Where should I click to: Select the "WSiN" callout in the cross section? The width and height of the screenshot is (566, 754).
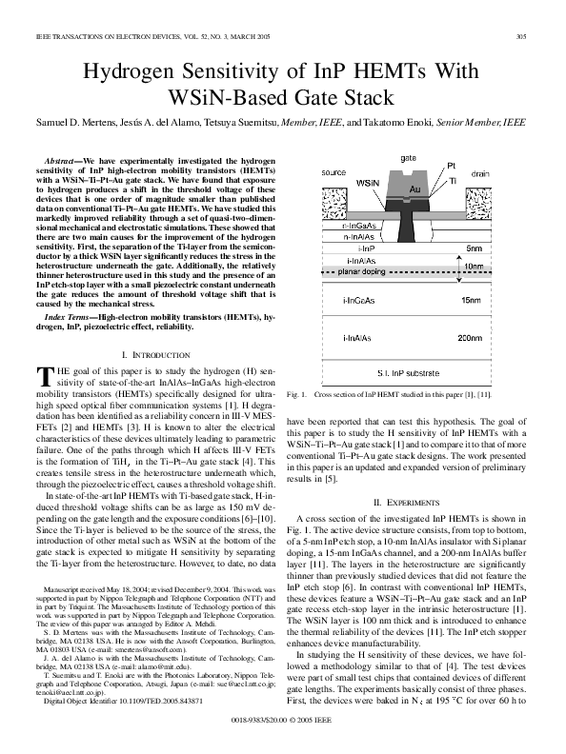coord(367,180)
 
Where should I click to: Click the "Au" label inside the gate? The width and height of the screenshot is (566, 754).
coord(414,190)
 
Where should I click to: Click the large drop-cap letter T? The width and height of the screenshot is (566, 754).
coord(42,376)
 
